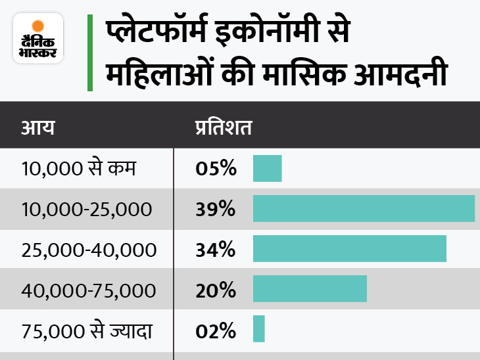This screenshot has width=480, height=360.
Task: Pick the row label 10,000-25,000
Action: coord(86,209)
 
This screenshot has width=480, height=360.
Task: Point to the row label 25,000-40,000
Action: coord(89,249)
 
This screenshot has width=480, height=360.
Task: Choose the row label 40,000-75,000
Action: coord(89,289)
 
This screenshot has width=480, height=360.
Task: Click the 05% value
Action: coord(215,169)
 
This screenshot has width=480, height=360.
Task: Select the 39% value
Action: coord(215,209)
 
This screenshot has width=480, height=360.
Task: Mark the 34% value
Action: coord(215,249)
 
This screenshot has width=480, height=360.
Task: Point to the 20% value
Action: coord(215,289)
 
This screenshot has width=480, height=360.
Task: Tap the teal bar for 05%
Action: coord(267,169)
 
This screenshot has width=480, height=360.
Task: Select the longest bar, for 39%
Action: coord(364,208)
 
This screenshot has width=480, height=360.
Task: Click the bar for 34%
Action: coord(349,248)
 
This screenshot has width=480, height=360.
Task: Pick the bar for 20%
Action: coord(310,288)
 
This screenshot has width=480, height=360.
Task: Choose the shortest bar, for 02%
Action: coord(258,328)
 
